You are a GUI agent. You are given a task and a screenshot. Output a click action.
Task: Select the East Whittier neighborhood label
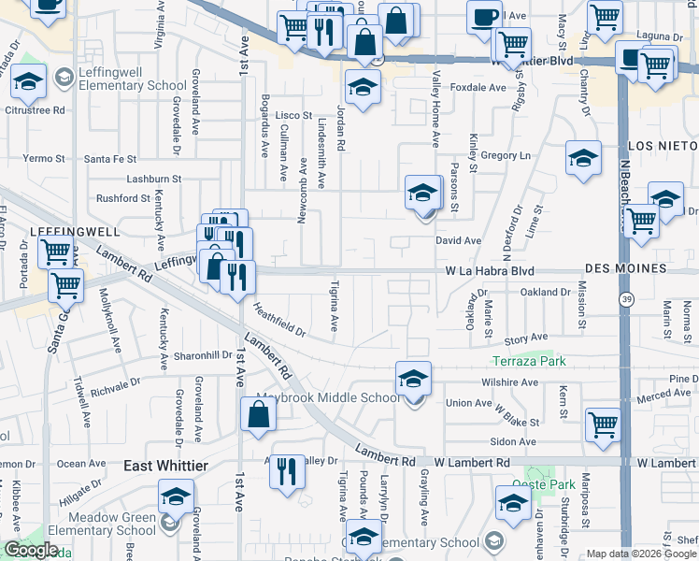[166, 466]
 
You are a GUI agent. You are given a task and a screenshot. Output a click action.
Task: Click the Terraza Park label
[531, 361]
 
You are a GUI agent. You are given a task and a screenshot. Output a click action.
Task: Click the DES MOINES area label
[627, 268]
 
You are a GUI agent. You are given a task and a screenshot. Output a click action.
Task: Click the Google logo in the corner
[31, 550]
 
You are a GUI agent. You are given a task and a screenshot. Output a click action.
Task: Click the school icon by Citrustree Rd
[29, 82]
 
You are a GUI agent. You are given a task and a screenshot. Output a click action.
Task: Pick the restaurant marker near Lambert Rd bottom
[287, 468]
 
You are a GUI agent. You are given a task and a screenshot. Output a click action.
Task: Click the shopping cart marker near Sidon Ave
[603, 424]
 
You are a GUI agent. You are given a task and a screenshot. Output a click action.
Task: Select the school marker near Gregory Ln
[583, 158]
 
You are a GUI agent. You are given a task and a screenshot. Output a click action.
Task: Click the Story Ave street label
[526, 338]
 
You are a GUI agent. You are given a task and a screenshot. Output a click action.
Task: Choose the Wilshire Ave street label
[510, 382]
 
